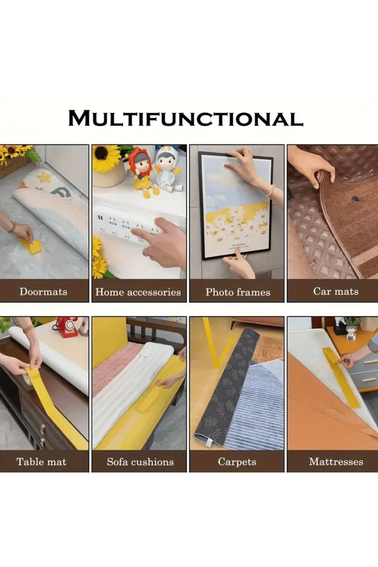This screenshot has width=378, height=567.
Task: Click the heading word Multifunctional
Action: click(x=185, y=118)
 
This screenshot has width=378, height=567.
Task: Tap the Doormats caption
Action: click(x=43, y=291)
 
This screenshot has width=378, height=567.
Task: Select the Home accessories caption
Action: click(x=138, y=292)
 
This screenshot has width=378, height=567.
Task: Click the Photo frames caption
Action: click(x=238, y=292)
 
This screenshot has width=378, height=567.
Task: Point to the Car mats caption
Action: click(x=336, y=291)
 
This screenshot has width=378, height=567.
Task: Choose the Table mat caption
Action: click(x=41, y=462)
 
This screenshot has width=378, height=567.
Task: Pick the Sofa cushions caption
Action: click(x=140, y=462)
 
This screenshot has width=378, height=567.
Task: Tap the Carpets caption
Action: click(x=237, y=462)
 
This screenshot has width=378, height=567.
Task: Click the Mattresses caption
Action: click(x=336, y=462)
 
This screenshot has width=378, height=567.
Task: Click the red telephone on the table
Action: click(x=66, y=327)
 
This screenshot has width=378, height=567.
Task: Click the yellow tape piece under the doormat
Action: click(x=31, y=247)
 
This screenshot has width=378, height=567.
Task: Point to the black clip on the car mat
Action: click(x=355, y=199)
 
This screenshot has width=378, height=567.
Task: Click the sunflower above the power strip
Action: click(x=105, y=158)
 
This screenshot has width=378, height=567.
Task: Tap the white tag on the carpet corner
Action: click(x=208, y=443)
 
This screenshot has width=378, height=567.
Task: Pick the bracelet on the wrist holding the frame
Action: click(x=270, y=191)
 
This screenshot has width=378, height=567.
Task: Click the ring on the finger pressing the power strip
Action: click(x=146, y=251)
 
